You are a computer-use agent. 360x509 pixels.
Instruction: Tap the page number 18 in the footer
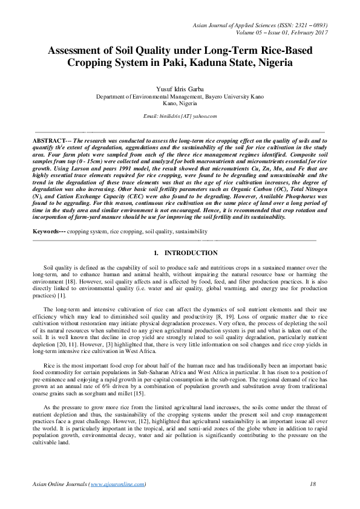313,484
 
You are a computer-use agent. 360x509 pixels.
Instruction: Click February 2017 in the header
305,33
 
